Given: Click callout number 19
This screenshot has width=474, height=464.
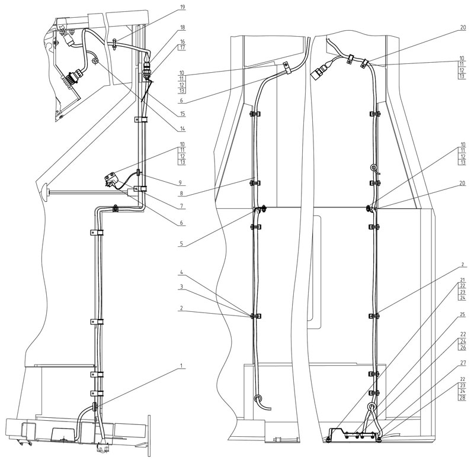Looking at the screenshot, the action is tap(182, 7).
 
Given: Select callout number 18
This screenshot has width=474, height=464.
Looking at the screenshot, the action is tap(182, 27).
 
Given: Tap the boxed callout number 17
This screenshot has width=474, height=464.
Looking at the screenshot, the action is tap(182, 47).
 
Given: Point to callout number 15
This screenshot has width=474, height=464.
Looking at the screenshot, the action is tap(182, 114).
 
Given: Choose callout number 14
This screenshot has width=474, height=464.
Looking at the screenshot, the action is tap(182, 129).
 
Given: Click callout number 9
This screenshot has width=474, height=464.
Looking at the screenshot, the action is tap(180, 183).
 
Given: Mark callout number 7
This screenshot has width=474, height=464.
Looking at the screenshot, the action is tap(182, 206).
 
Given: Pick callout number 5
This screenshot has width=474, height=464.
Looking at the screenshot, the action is tap(181, 243).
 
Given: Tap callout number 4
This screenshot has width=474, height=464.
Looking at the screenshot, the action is tap(181, 272).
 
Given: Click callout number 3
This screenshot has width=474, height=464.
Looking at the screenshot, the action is tap(181, 287).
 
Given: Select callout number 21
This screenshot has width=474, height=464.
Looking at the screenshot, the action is tap(463, 280).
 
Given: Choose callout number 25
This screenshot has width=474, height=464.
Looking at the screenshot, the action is tap(463, 315).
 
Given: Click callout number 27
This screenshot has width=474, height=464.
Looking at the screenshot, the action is tap(463, 363).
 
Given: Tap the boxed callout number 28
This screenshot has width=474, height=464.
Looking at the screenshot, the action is tap(463, 397).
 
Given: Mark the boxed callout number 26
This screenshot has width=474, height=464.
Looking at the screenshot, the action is tap(463, 347).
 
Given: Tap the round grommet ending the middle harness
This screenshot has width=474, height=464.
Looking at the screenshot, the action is tap(258, 398).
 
